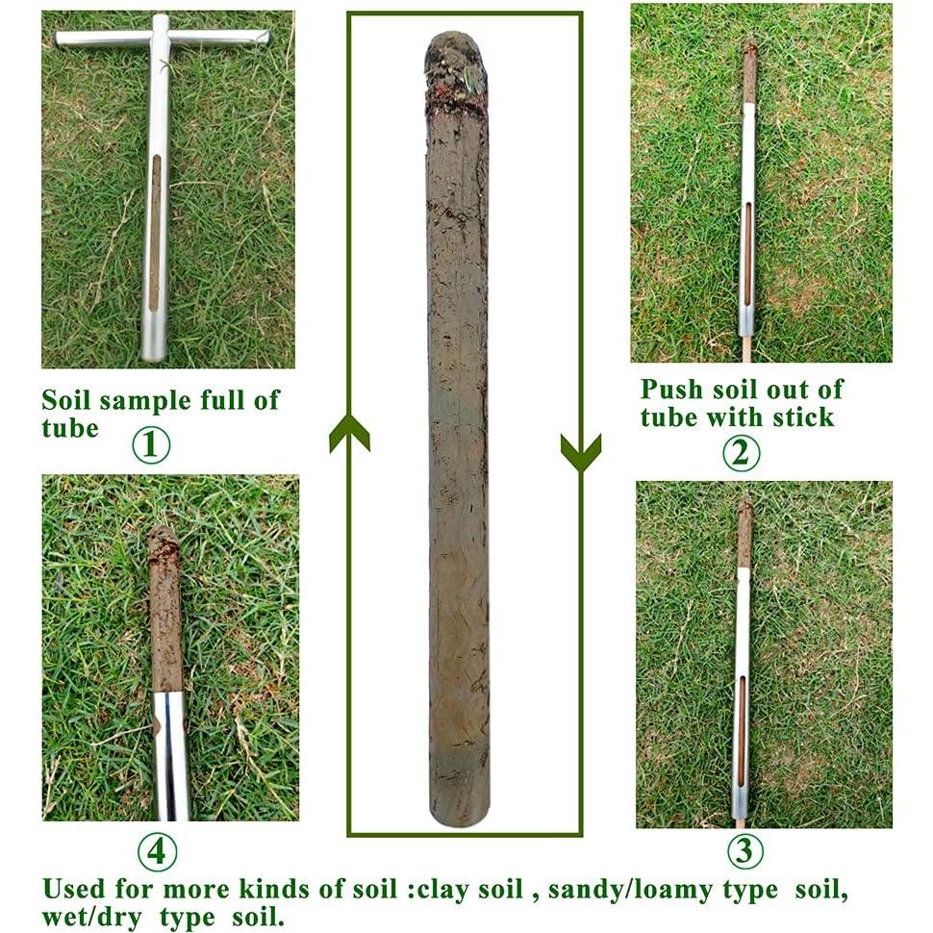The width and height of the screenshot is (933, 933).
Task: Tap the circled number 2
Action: coord(741,452)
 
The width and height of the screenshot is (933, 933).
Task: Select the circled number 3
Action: coord(745,850)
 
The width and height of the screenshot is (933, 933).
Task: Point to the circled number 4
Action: coord(157,851)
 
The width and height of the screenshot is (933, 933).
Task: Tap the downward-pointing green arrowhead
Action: coord(581,452)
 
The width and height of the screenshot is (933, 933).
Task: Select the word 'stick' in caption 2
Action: coord(802,417)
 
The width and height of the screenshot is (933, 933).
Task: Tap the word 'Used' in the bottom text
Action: coord(73,889)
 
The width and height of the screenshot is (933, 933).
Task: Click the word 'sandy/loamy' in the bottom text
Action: coord(619,890)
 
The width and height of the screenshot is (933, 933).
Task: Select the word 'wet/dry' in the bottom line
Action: coord(92,917)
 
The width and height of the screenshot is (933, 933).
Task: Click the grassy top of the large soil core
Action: coord(456,63)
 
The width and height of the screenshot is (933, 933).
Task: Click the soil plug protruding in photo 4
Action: coord(164,606)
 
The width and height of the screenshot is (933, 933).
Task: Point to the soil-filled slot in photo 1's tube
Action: coord(155,231)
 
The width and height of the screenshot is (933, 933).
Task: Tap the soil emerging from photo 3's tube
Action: coord(745,535)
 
